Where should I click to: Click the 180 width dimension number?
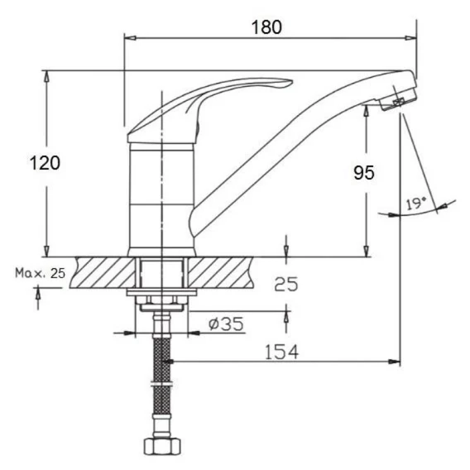point(266,27)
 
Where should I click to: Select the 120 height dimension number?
point(45,163)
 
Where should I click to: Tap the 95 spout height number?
point(364,173)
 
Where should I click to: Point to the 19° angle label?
point(416,204)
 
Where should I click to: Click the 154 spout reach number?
point(282,352)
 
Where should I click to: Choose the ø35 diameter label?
point(226,324)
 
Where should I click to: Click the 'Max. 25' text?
point(41,273)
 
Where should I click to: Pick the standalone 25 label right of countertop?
point(286,284)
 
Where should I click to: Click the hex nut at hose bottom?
point(162,446)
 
